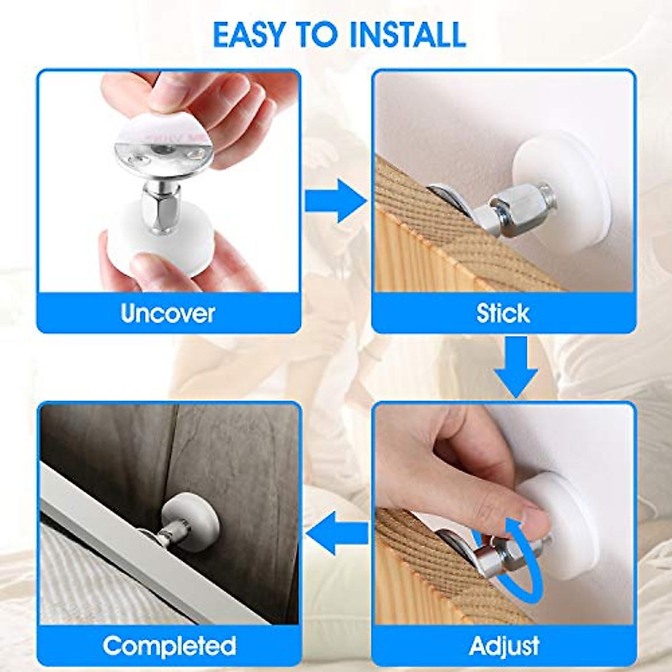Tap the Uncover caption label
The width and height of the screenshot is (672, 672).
point(168,313)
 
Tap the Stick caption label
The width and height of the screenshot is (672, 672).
point(503,313)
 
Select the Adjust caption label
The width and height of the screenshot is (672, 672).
point(504,646)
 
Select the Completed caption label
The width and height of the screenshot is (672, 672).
point(169,646)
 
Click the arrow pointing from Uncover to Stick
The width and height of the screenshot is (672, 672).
point(334,200)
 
